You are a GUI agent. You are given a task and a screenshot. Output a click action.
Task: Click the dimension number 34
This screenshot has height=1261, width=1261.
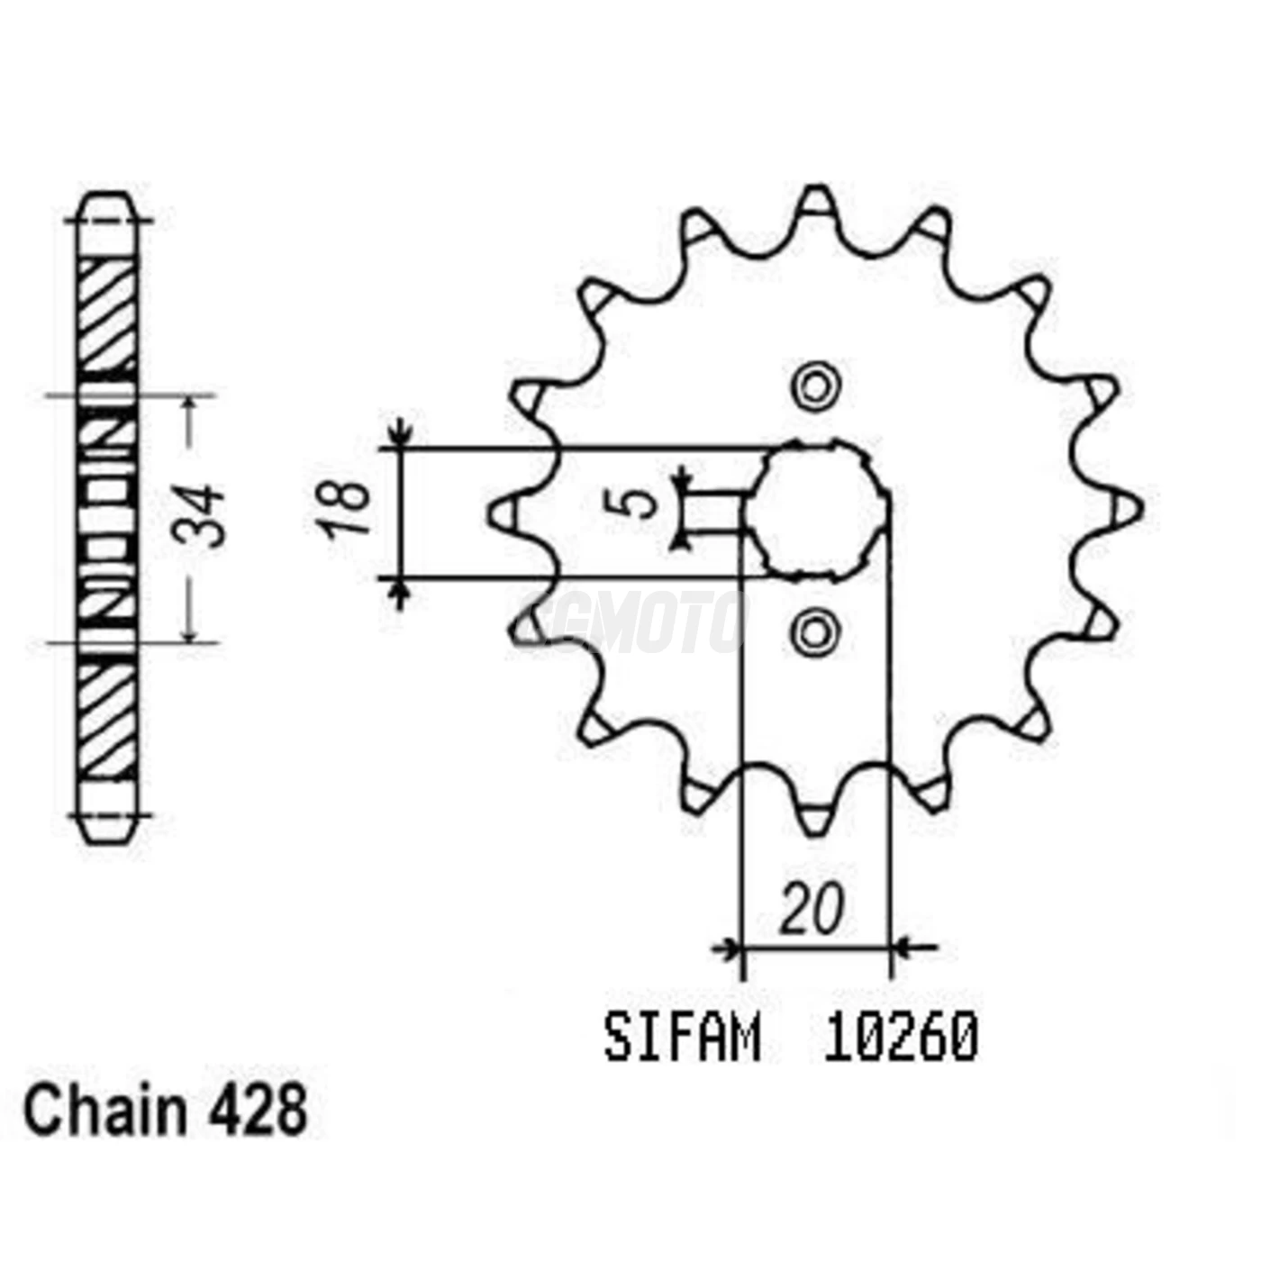click(199, 517)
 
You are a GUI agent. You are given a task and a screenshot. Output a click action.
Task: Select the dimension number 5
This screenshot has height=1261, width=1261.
click(641, 503)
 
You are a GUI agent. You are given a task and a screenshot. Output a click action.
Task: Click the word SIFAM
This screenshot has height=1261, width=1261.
click(683, 1039)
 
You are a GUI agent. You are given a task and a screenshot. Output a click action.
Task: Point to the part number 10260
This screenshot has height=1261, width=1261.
click(900, 1039)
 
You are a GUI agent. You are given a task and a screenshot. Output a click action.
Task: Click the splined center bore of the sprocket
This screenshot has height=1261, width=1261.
click(818, 511)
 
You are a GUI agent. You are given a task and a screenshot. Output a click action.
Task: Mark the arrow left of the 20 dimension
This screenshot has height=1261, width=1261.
click(726, 948)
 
